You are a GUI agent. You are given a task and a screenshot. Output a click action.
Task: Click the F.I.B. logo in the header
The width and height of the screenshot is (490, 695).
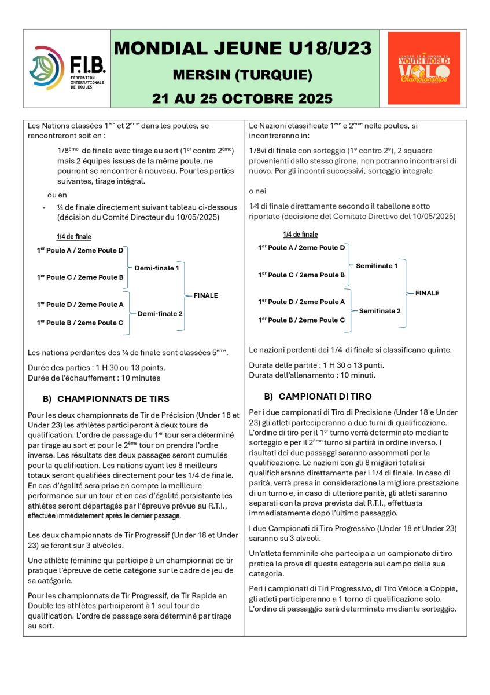coord(67,68)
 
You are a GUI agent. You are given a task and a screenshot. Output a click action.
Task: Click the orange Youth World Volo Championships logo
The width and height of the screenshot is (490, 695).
coord(424,68)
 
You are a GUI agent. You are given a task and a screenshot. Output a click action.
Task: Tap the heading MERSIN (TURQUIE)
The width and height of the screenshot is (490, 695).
coord(242,75)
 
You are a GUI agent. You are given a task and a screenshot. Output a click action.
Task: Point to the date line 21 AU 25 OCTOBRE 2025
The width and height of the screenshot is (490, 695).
coord(242,98)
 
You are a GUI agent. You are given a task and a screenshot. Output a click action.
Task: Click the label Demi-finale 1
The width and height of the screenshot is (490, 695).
coord(157,268)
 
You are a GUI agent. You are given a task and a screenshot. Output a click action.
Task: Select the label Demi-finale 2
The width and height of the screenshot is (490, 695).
coord(160,313)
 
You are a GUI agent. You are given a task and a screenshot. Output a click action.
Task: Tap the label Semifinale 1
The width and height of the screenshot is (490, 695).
coord(377,266)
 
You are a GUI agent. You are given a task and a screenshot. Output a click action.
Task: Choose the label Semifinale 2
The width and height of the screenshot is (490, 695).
coord(380,311)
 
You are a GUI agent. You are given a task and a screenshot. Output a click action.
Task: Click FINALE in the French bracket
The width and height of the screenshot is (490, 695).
coord(206,295)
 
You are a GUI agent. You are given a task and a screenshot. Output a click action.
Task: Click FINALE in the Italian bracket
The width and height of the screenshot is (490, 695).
coord(427,293)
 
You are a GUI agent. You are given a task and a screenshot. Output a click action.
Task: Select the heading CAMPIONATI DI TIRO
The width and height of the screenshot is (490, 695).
coord(325,397)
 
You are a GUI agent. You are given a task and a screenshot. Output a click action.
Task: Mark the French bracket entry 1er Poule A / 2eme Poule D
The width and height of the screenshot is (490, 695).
coord(80,250)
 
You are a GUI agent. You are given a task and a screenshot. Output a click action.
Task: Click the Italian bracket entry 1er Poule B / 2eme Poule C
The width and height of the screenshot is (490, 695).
coord(301,320)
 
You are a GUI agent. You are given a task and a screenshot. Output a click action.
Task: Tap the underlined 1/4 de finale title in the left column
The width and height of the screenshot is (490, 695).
coord(73,237)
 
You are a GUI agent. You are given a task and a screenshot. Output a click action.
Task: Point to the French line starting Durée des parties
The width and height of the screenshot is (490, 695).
coord(89,367)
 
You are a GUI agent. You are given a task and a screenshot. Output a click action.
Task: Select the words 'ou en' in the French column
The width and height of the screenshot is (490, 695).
coord(57,195)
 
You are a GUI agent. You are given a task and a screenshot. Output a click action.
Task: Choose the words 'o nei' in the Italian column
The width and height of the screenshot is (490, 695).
coord(258,191)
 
